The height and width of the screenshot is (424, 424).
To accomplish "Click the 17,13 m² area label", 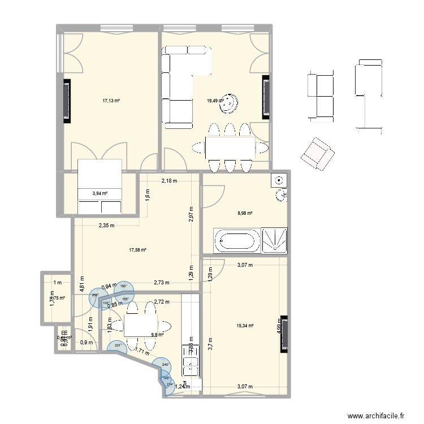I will [x=111, y=101].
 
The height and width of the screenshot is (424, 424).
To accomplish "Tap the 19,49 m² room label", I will [x=215, y=101].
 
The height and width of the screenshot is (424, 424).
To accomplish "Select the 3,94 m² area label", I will [x=99, y=193].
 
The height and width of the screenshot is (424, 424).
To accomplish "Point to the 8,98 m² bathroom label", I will [x=244, y=213].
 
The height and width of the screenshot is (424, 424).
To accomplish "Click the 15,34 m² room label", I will [x=244, y=326].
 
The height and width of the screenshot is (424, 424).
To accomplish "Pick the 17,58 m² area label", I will [x=138, y=250].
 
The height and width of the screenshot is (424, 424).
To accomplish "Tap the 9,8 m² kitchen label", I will [x=157, y=334].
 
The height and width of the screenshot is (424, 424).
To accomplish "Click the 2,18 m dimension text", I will [x=169, y=181].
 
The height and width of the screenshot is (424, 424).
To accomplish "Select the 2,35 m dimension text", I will [x=106, y=226].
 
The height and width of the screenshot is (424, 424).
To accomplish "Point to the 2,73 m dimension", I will [x=162, y=283].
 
